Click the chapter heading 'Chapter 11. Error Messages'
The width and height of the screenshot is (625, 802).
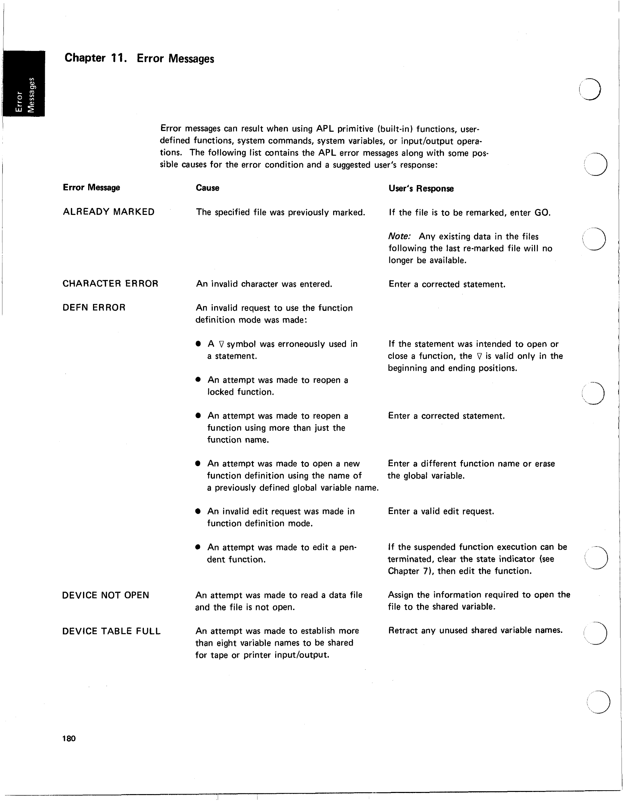coord(139,58)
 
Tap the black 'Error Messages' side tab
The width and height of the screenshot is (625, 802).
coord(24,84)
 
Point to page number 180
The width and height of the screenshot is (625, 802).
coord(69,739)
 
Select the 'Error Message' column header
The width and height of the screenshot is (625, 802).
coord(91,188)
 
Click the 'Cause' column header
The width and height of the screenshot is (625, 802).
coord(208,188)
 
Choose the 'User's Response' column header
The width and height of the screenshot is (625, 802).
coord(421,189)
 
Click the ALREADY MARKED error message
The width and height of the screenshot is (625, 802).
coord(109,212)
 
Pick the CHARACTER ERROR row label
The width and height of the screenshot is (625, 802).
coord(110,284)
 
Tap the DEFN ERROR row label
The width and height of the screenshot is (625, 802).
coord(94,307)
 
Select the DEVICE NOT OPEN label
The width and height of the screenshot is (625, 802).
coord(105,595)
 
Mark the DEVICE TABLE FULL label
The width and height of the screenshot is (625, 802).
coord(111,631)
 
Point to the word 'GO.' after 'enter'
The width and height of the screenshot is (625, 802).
coord(542,213)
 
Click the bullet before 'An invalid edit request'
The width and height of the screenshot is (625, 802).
coord(198,511)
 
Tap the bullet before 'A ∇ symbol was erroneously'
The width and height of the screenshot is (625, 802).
coord(199,344)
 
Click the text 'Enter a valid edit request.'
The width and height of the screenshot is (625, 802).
coord(441,511)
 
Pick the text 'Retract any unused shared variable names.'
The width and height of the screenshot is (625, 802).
coord(475,630)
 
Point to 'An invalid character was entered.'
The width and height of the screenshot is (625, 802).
coord(264,284)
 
